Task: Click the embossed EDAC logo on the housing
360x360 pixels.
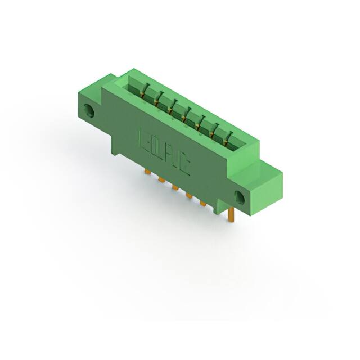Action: pyautogui.click(x=164, y=152)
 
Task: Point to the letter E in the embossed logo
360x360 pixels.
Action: pyautogui.click(x=143, y=139)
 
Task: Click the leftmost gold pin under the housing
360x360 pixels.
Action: pyautogui.click(x=147, y=172)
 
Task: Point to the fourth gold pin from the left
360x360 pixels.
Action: pyautogui.click(x=189, y=195)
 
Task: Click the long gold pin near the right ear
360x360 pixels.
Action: pyautogui.click(x=231, y=214)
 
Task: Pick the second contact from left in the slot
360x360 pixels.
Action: pyautogui.click(x=157, y=98)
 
